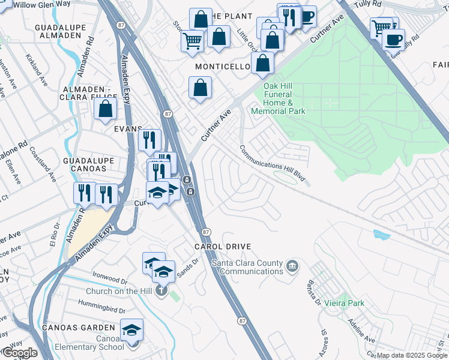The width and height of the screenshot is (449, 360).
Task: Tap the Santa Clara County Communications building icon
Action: click(292, 265)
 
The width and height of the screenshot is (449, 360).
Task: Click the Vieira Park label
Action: click(344, 304)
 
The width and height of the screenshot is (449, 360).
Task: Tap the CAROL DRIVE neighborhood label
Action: click(222, 247)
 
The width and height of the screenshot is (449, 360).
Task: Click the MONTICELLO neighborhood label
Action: click(221, 66)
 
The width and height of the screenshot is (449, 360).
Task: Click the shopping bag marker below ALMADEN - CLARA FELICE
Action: click(106, 109)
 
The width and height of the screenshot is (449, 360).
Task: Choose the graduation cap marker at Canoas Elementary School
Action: click(132, 331)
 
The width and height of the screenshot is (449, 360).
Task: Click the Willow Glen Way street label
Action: click(41, 4)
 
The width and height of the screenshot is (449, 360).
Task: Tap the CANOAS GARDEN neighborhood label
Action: click(78, 328)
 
